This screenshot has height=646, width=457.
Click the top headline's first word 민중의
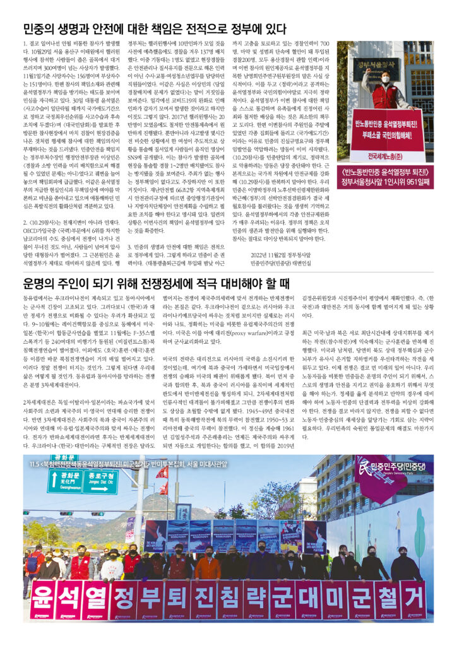pyautogui.click(x=41, y=28)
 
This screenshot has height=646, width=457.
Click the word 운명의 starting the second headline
pyautogui.click(x=41, y=281)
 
